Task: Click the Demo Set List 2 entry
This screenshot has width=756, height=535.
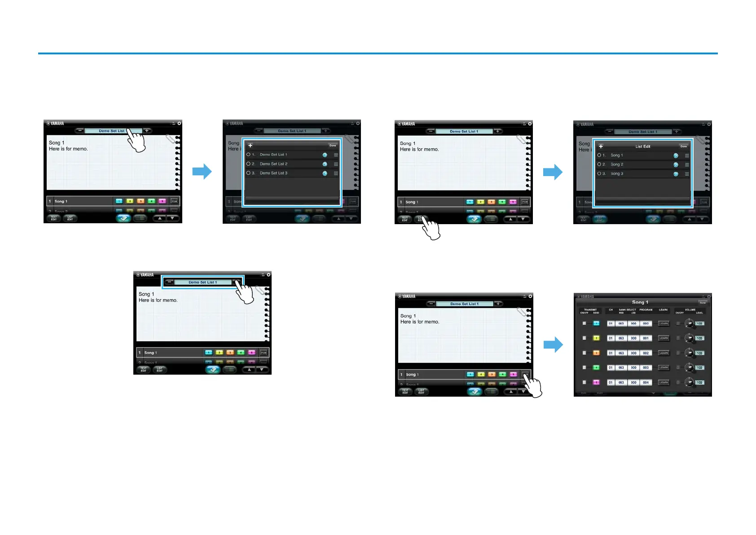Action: tap(273, 164)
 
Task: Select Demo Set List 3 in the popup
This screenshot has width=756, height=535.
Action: tap(273, 173)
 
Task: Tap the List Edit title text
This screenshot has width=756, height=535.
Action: tap(642, 146)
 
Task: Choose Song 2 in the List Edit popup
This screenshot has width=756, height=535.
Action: tap(617, 164)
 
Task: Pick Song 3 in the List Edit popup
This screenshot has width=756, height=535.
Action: tap(617, 174)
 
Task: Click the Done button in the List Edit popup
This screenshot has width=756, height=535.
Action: tap(683, 146)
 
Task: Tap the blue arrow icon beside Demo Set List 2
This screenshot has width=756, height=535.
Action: tap(325, 164)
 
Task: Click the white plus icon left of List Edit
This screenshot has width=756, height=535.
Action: tap(601, 146)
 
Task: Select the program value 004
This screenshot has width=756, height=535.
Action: tap(646, 383)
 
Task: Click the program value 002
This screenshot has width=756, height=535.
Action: tap(646, 353)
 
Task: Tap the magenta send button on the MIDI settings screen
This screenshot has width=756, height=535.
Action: tap(596, 383)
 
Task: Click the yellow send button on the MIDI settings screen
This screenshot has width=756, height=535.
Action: tap(596, 338)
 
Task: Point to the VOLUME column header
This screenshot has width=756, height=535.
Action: tap(690, 310)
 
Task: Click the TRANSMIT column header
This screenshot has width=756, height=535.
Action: tap(590, 310)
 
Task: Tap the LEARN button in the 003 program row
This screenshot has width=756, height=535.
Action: tap(664, 368)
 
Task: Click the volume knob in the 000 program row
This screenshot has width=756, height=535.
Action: tap(689, 323)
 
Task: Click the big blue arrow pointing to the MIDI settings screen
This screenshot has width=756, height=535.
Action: tap(553, 345)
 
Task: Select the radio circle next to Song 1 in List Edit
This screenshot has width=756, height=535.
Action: tap(599, 155)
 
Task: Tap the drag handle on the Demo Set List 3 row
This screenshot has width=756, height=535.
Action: tap(336, 173)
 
